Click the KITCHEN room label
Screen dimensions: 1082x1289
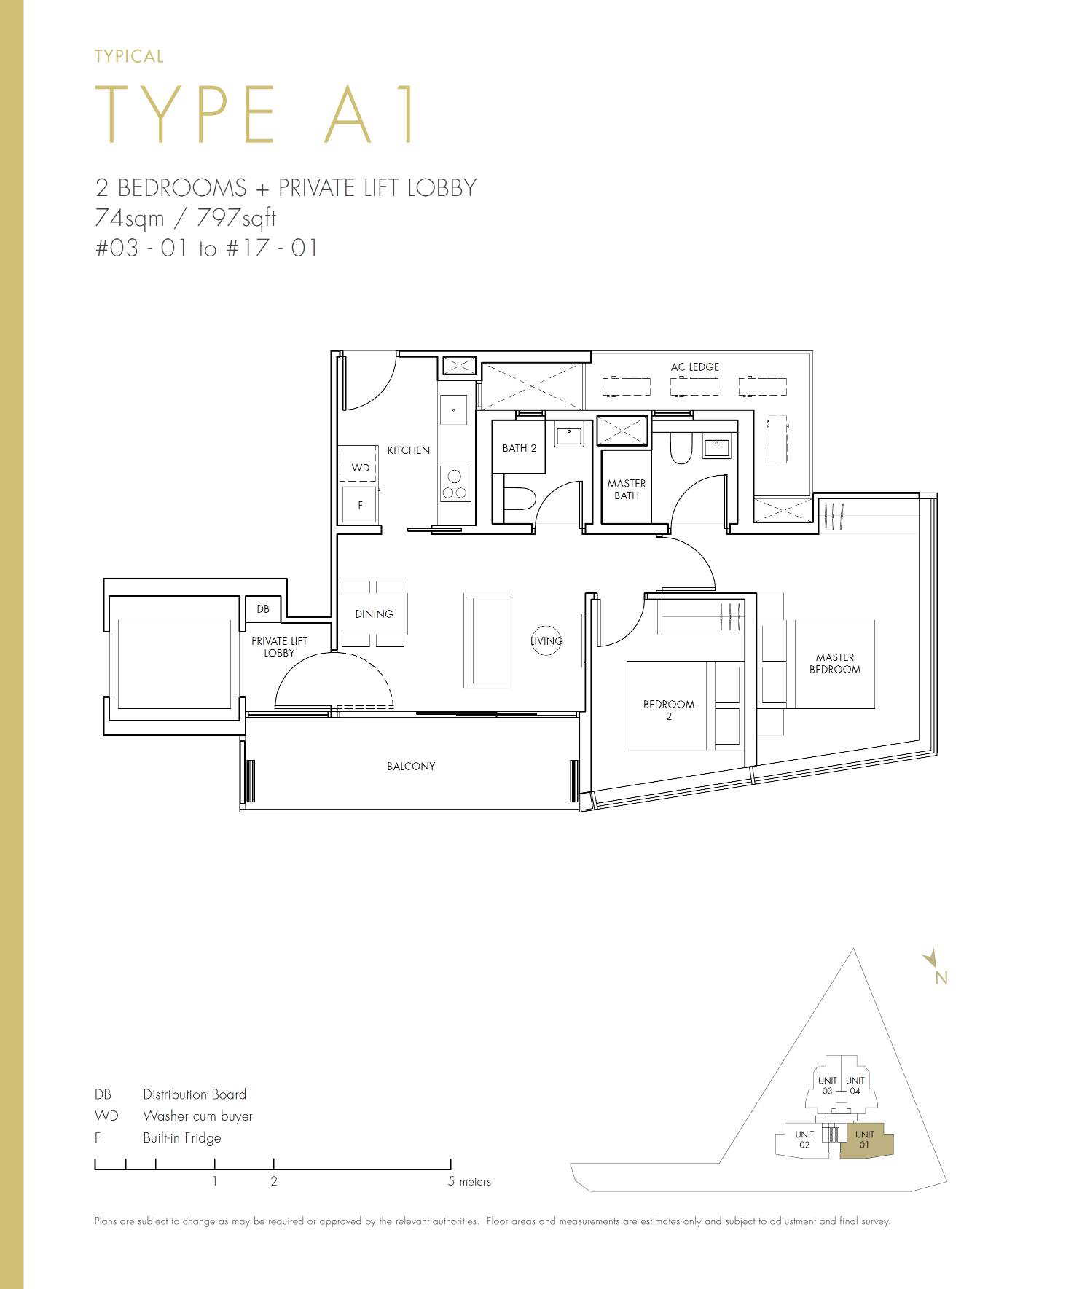pyautogui.click(x=408, y=450)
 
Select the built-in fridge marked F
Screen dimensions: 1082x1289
pyautogui.click(x=360, y=504)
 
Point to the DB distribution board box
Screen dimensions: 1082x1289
pyautogui.click(x=263, y=609)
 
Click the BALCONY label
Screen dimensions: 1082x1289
pyautogui.click(x=411, y=767)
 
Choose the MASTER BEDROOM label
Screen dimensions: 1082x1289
pyautogui.click(x=835, y=663)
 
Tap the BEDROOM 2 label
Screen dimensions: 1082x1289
pyautogui.click(x=669, y=710)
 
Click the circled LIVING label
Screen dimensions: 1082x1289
pyautogui.click(x=546, y=641)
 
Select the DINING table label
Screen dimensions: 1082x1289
pyautogui.click(x=374, y=614)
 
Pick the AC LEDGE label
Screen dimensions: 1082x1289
pyautogui.click(x=695, y=367)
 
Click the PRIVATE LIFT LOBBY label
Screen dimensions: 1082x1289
pyautogui.click(x=280, y=647)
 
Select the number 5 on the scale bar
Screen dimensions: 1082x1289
pyautogui.click(x=451, y=1181)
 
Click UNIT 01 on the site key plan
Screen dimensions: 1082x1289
pyautogui.click(x=865, y=1139)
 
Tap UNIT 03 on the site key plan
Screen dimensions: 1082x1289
pyautogui.click(x=827, y=1086)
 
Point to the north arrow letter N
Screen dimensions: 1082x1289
pyautogui.click(x=941, y=978)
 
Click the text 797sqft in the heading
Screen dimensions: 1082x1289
pyautogui.click(x=237, y=218)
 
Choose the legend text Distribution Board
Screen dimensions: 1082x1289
pyautogui.click(x=195, y=1094)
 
